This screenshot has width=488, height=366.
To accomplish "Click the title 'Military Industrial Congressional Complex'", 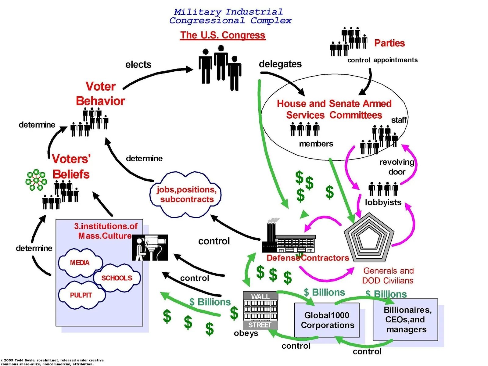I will (230, 16).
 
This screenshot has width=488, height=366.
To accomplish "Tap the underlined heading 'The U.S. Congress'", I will (223, 35).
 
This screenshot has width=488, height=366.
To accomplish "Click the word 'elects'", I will (138, 65).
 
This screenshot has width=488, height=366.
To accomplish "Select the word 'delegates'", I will (280, 64).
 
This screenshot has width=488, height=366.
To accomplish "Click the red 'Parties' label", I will (389, 43).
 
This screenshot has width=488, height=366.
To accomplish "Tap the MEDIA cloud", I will (80, 263).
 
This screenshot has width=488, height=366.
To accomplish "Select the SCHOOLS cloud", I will (117, 278).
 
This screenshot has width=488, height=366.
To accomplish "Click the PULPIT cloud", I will (81, 295).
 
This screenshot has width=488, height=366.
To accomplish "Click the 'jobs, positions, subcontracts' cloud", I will (186, 195).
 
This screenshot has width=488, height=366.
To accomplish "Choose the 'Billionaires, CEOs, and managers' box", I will (406, 320).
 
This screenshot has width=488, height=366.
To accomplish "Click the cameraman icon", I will (149, 247).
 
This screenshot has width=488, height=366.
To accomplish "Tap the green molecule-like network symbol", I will (36, 180).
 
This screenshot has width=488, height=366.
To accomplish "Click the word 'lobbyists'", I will (383, 202).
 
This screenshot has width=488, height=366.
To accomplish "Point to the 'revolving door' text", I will (396, 167).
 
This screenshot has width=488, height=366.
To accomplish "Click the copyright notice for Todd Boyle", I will (52, 362).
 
